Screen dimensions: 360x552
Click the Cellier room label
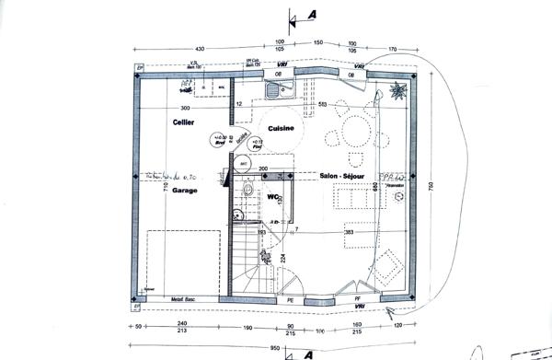pyautogui.click(x=181, y=122)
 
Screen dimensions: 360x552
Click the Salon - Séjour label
pyautogui.click(x=340, y=174)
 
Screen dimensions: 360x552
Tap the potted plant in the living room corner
pyautogui.click(x=397, y=90)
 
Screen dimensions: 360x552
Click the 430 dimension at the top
pyautogui.click(x=199, y=47)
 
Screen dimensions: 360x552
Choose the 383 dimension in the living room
pyautogui.click(x=349, y=232)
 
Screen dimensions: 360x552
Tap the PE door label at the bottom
pyautogui.click(x=290, y=299)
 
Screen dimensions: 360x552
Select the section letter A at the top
pyautogui.click(x=313, y=14)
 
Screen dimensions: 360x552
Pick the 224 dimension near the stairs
pyautogui.click(x=283, y=257)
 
